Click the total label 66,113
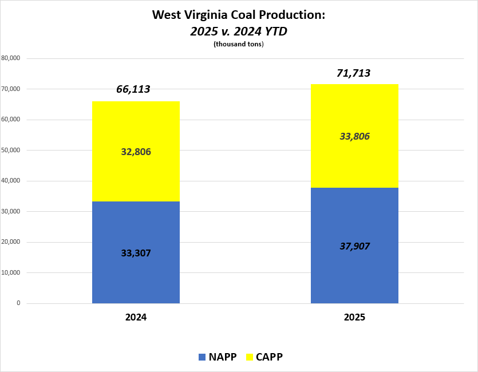(x=133, y=89)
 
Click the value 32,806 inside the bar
(x=136, y=152)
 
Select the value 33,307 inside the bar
(x=136, y=252)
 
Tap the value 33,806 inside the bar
(x=354, y=136)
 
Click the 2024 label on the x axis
(x=136, y=317)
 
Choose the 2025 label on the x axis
(x=354, y=317)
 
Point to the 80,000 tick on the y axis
(x=11, y=58)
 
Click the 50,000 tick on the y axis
(x=11, y=151)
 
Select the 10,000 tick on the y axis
(x=11, y=272)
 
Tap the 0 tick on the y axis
(x=18, y=303)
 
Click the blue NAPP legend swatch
(x=202, y=357)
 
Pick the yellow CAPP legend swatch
(x=249, y=357)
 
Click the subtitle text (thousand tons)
(x=238, y=45)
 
